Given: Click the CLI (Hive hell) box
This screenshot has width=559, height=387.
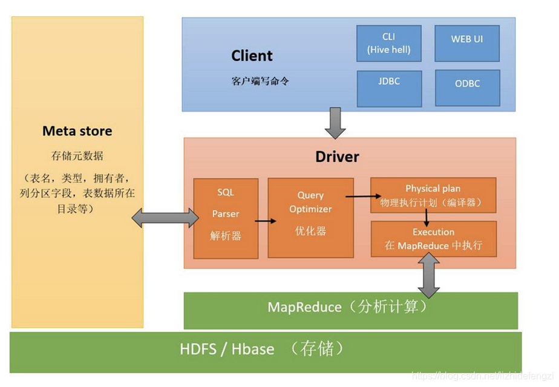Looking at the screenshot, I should pyautogui.click(x=388, y=44).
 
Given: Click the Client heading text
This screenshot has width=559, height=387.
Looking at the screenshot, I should pyautogui.click(x=252, y=56).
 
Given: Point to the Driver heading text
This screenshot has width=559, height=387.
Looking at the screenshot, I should pyautogui.click(x=337, y=157).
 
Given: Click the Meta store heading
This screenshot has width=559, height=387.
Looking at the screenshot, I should pyautogui.click(x=77, y=131).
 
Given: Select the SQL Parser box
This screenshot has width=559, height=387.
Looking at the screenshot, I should pyautogui.click(x=226, y=215).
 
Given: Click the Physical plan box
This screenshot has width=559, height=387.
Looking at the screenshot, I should pyautogui.click(x=433, y=195).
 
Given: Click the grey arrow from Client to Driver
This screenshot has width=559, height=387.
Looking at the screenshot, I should pyautogui.click(x=334, y=123).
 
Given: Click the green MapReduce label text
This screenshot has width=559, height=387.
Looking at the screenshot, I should pyautogui.click(x=348, y=307).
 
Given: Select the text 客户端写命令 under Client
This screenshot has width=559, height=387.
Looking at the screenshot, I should pyautogui.click(x=260, y=80).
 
